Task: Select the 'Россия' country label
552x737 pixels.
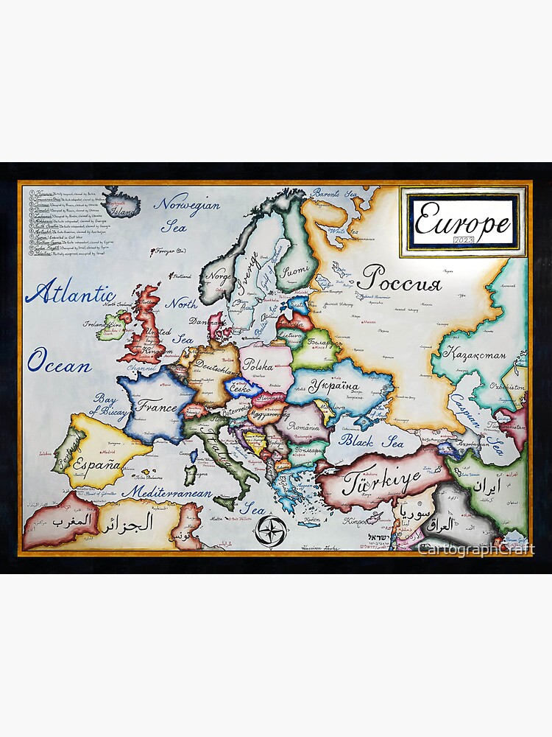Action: click(x=399, y=279)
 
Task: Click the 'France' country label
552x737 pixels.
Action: click(x=155, y=407)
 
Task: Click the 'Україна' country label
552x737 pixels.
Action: click(x=333, y=385)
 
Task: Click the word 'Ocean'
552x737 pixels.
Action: click(x=60, y=364)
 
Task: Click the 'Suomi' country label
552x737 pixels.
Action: click(x=297, y=270)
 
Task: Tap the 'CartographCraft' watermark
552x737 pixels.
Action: click(x=475, y=549)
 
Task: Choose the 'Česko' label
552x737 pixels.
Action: click(x=243, y=388)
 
